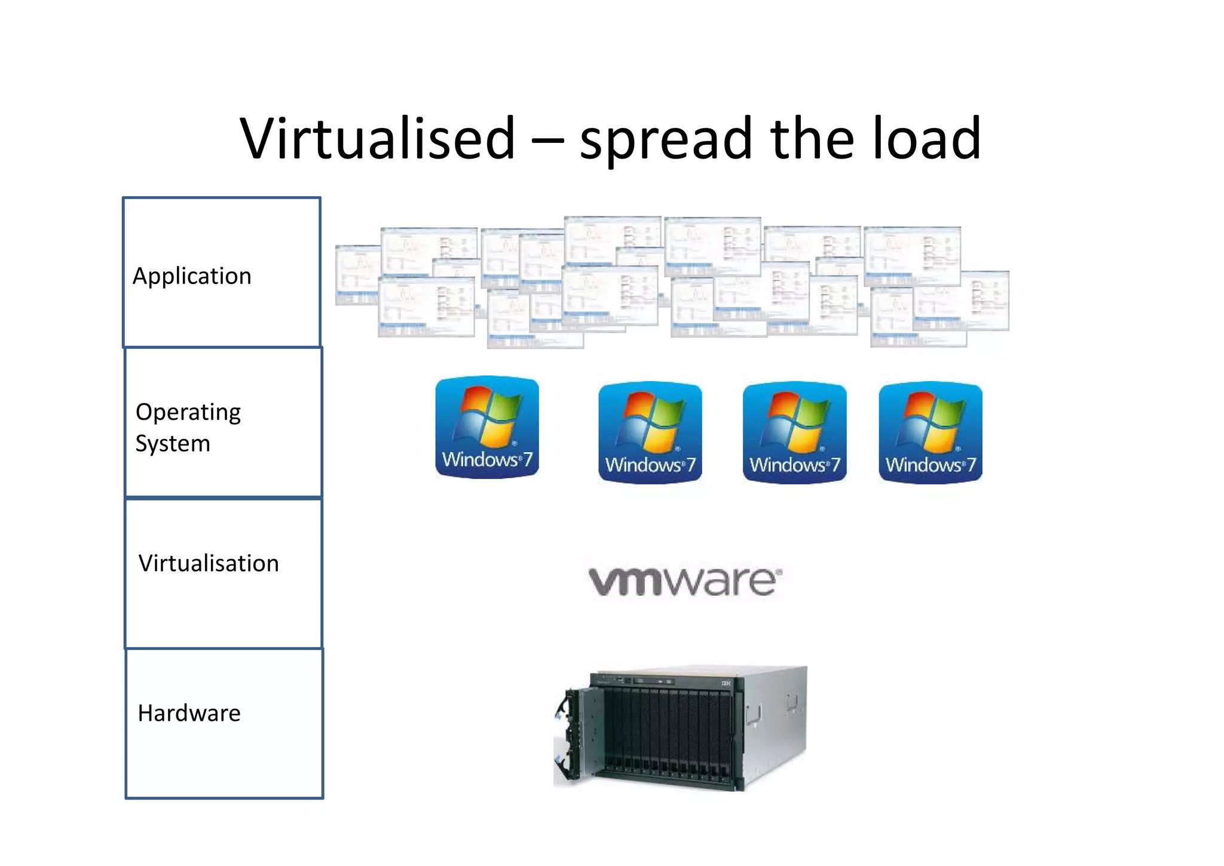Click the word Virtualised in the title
click(378, 139)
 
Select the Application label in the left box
click(192, 276)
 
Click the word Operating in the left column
click(188, 412)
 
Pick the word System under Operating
click(173, 444)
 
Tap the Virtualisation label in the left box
click(209, 563)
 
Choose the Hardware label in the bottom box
click(189, 713)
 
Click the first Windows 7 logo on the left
click(487, 427)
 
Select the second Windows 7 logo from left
click(650, 432)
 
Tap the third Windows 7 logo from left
click(794, 432)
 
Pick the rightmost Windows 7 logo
click(931, 432)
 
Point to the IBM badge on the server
click(726, 683)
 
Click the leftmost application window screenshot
click(357, 275)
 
